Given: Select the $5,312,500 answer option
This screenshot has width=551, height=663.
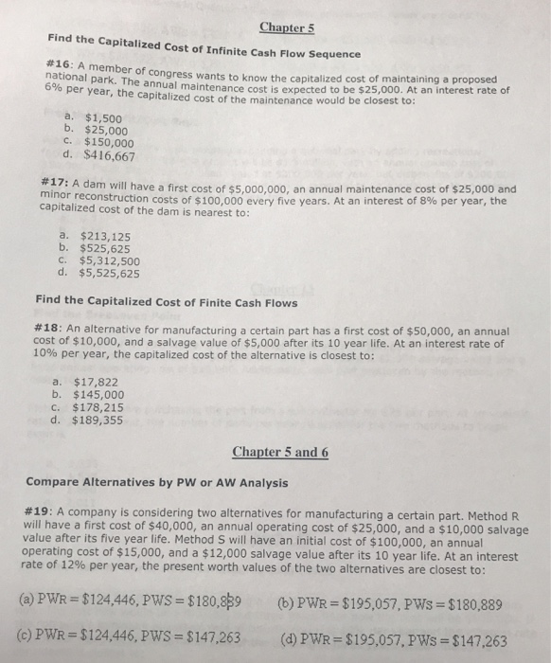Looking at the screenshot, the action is (x=111, y=261).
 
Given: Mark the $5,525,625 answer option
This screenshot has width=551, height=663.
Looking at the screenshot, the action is (x=111, y=274).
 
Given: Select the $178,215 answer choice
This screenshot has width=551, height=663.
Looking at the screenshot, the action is (x=103, y=407).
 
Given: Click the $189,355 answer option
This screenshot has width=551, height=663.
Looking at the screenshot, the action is (x=103, y=420).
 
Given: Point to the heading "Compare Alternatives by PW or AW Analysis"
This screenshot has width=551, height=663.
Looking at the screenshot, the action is (x=164, y=481).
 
